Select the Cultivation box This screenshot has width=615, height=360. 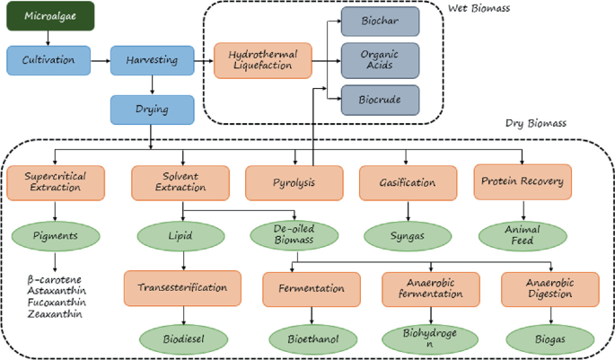(x=47, y=61)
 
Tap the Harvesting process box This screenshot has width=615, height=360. (x=151, y=61)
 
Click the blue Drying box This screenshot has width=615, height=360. (x=151, y=109)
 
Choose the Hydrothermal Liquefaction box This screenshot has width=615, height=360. (x=262, y=61)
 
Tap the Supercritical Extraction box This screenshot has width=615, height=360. (x=55, y=183)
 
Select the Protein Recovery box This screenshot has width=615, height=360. (x=523, y=182)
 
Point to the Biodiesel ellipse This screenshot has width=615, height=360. (x=183, y=340)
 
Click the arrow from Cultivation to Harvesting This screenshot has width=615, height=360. (x=99, y=61)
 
